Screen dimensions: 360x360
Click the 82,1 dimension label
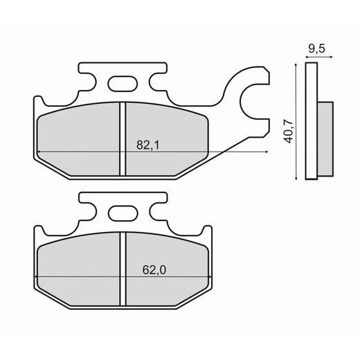[x=148, y=145]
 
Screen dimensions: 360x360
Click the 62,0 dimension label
[x=154, y=270]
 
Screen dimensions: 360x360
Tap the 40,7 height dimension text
[x=289, y=132]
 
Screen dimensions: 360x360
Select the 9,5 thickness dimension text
[x=316, y=48]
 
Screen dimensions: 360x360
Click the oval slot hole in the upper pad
[x=123, y=83]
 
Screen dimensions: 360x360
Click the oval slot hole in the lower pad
[x=123, y=213]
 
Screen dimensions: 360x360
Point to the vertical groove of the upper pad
[x=123, y=139]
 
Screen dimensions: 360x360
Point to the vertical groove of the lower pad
[x=123, y=269]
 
